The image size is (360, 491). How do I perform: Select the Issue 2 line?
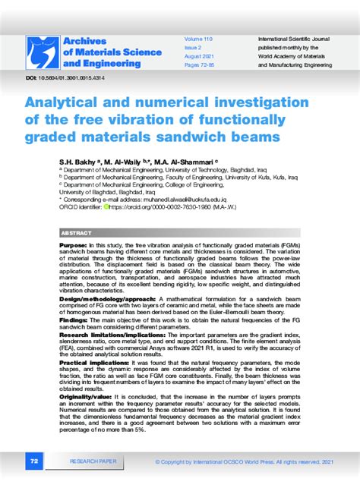pyautogui.click(x=194, y=46)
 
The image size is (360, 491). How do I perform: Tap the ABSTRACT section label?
pyautogui.click(x=76, y=233)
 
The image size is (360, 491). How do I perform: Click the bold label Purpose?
pyautogui.click(x=74, y=247)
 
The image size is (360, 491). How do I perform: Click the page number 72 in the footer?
pyautogui.click(x=34, y=461)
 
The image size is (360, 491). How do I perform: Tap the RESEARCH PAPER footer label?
pyautogui.click(x=93, y=461)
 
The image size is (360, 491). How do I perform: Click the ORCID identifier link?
pyautogui.click(x=160, y=205)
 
